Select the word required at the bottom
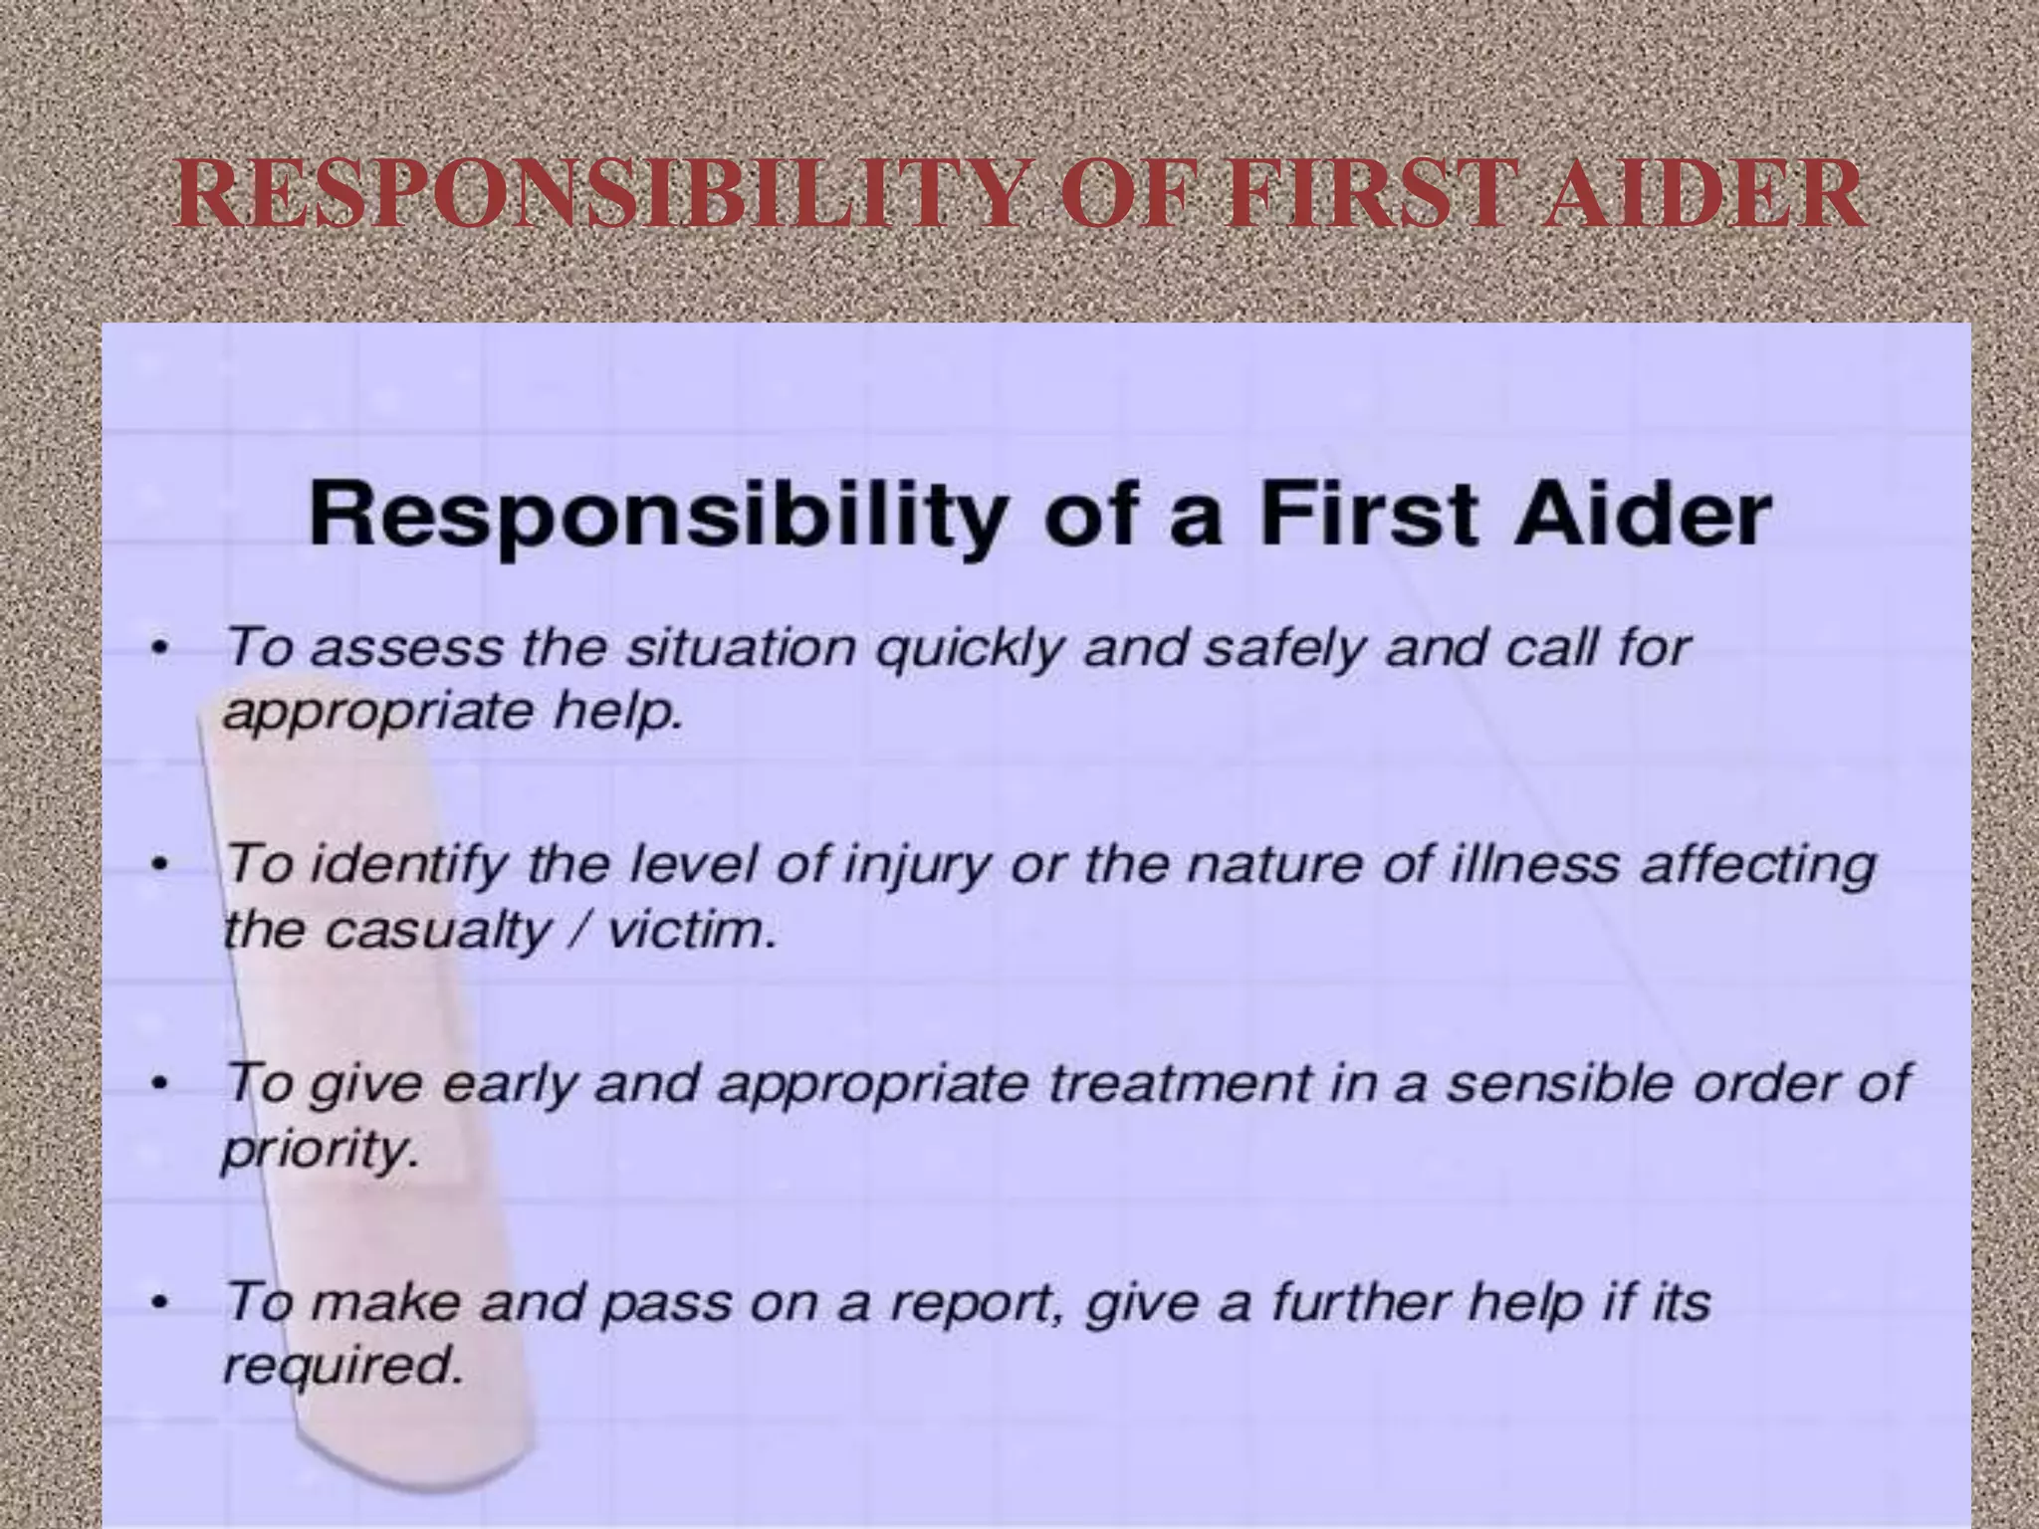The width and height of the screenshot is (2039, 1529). coord(342,1367)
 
